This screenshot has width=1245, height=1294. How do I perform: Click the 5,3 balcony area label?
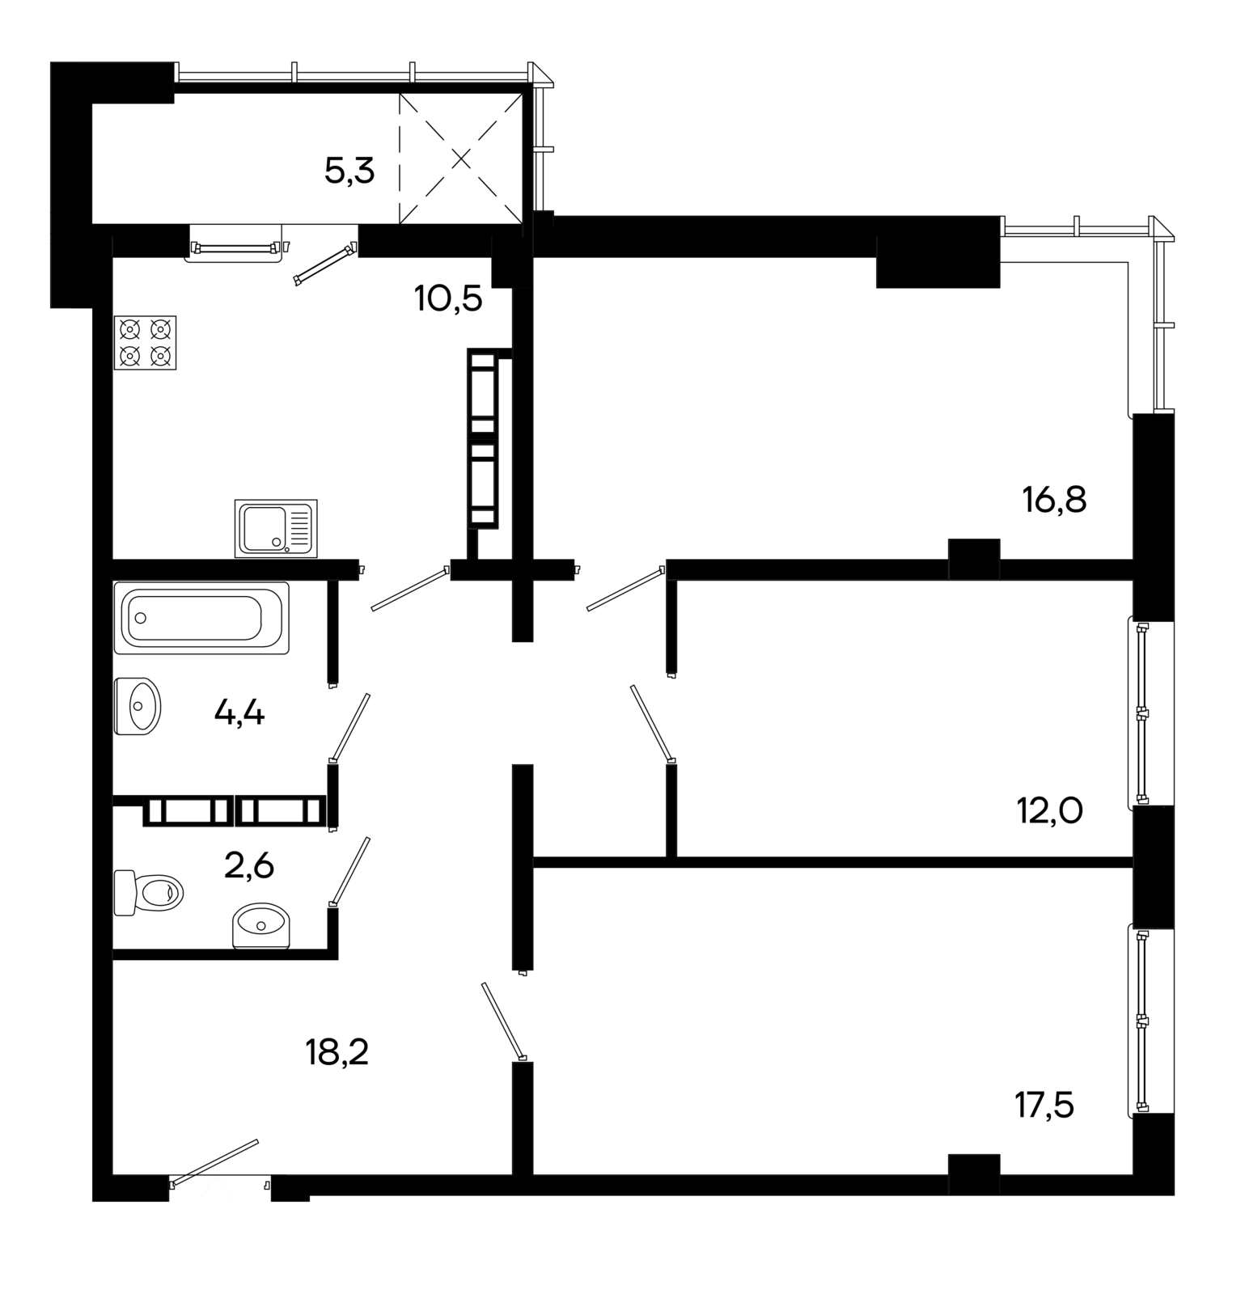[x=349, y=171]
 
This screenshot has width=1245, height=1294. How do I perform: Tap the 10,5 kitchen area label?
[x=448, y=298]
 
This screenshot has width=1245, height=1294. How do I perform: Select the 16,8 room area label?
[x=1054, y=501]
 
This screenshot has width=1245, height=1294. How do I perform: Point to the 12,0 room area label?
[x=1049, y=809]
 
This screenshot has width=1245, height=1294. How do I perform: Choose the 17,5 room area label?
[x=1044, y=1105]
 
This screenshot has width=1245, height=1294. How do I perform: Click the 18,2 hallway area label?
[x=337, y=1052]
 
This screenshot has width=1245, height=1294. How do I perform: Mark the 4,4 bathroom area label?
[x=239, y=713]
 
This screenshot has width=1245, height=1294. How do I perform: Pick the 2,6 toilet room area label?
[x=249, y=866]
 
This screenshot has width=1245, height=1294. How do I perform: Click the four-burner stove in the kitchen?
[x=146, y=343]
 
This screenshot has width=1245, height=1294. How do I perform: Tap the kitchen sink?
[x=276, y=528]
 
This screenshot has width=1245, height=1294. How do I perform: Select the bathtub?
[x=201, y=618]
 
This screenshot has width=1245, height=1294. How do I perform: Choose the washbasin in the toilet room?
[x=260, y=925]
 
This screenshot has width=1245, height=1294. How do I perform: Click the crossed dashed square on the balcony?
[x=461, y=158]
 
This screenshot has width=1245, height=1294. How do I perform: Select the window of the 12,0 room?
[x=1141, y=713]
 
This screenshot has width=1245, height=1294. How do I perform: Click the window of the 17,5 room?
[x=1141, y=1021]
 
